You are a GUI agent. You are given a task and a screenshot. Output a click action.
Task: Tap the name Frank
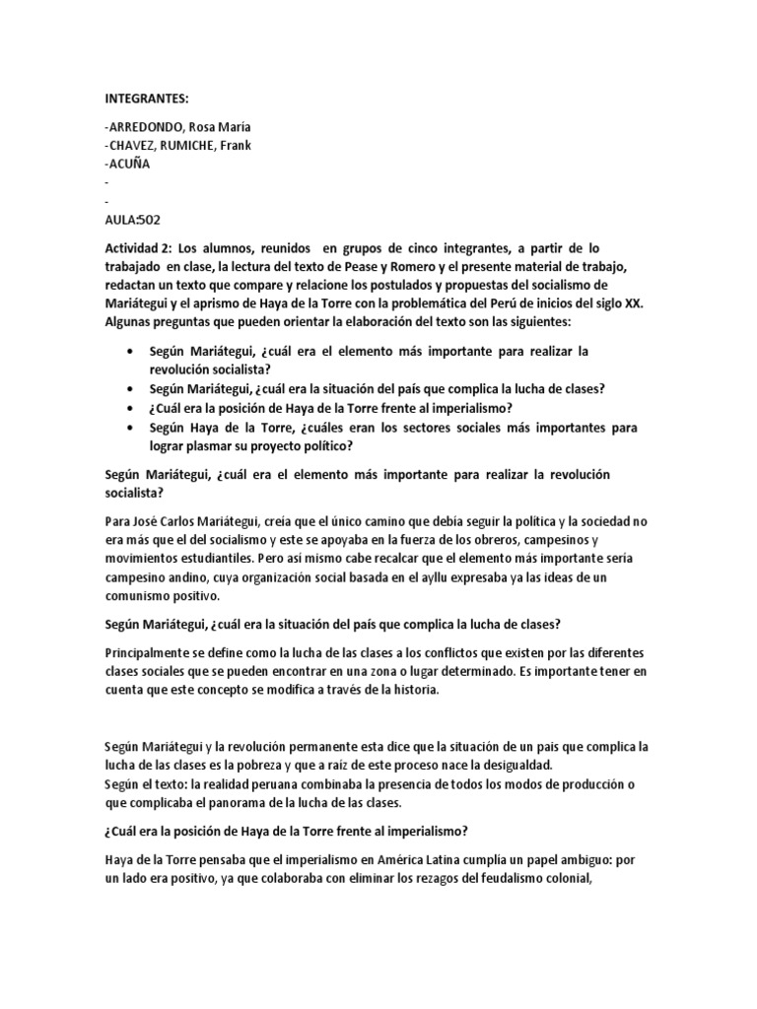point(233,146)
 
